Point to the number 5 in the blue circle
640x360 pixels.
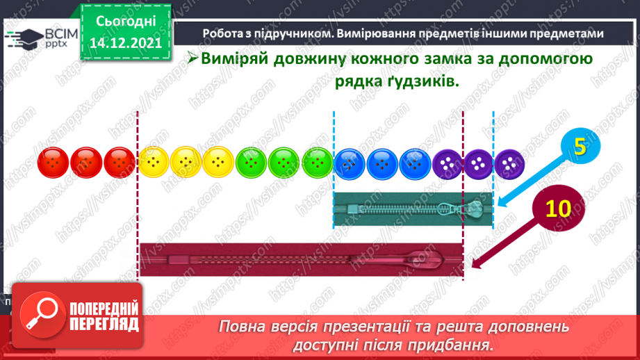point(580,147)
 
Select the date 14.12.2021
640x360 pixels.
point(127,42)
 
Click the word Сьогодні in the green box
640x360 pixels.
point(127,22)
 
